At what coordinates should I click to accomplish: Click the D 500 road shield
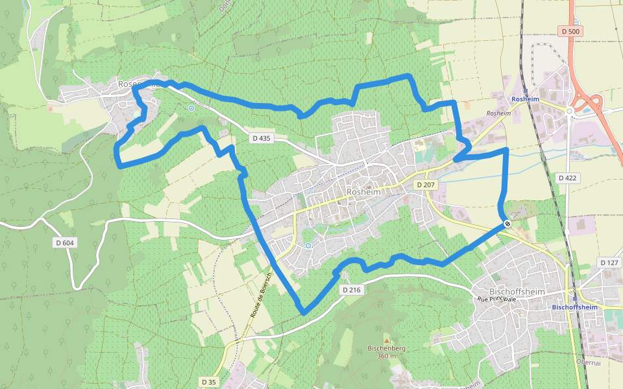(x=570, y=31)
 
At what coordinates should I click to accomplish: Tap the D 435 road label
(x=261, y=138)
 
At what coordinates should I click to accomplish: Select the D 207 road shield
(x=426, y=185)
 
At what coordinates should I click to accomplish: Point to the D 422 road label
(x=567, y=178)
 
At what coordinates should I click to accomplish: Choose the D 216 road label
(x=350, y=290)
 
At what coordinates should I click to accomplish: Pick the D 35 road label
(x=208, y=382)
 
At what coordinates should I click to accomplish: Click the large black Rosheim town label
(x=363, y=192)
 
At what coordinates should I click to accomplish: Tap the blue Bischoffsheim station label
(x=574, y=307)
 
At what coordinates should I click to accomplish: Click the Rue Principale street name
(x=496, y=299)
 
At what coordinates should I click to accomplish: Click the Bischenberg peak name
(x=387, y=348)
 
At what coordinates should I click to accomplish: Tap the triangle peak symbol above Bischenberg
(x=387, y=340)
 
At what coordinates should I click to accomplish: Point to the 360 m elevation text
(x=387, y=356)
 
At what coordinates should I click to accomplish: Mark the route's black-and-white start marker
(x=507, y=224)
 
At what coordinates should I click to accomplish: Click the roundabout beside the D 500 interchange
(x=570, y=111)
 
